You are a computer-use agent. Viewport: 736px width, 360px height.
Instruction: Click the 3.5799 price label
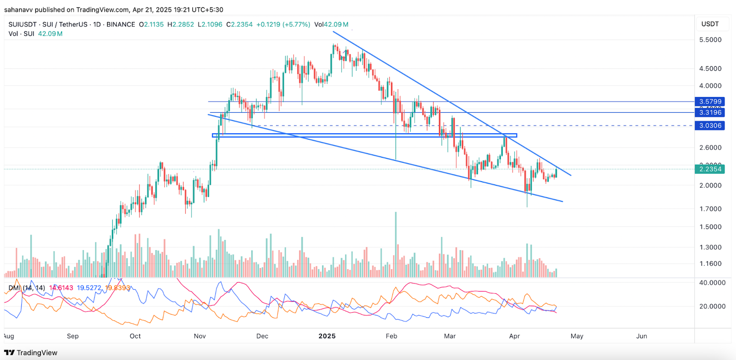pos(710,102)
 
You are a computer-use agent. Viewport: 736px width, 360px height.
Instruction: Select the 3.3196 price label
pos(710,113)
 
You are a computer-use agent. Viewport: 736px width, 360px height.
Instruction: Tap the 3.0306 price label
pos(710,126)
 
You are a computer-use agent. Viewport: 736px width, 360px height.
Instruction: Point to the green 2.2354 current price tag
pos(710,169)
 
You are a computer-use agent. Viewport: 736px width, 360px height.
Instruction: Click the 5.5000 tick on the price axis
pos(710,40)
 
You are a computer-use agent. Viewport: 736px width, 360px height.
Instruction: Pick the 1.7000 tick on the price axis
pos(710,209)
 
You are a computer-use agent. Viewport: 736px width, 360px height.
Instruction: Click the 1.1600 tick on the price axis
pos(710,264)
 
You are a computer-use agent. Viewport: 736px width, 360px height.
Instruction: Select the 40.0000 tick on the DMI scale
pos(712,283)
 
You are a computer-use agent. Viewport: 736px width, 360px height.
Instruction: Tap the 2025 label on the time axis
pos(327,336)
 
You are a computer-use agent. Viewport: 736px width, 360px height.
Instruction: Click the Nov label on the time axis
pos(200,336)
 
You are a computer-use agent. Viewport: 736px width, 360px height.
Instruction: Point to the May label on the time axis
pos(577,336)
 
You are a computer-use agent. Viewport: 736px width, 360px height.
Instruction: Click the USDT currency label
pos(710,24)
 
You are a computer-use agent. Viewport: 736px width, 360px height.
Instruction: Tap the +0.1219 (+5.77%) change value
pos(283,24)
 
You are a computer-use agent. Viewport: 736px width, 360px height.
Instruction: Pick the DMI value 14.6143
pos(61,288)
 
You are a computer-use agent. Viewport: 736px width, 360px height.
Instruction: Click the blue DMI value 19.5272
pos(89,288)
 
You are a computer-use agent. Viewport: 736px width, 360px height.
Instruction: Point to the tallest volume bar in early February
pos(396,244)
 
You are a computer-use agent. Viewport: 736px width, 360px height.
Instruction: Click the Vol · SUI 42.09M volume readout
pos(35,34)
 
